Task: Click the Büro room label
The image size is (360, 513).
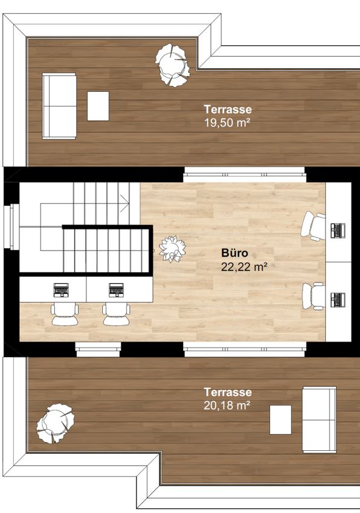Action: (234, 253)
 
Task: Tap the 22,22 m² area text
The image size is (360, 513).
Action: (244, 267)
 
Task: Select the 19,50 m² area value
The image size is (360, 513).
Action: (227, 123)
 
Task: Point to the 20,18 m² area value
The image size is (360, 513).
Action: (227, 406)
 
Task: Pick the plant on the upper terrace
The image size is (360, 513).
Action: (173, 65)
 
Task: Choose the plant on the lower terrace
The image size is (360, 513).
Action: (56, 423)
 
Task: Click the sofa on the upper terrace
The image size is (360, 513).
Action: (59, 106)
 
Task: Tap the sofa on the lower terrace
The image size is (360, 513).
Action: (320, 420)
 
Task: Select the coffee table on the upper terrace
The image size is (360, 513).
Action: (98, 106)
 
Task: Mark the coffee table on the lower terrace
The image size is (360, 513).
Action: (280, 420)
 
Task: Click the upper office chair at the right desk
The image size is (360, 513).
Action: (313, 226)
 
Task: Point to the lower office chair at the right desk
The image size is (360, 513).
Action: (313, 296)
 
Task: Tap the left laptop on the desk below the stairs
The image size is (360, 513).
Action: (61, 290)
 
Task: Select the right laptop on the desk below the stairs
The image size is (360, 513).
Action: (116, 290)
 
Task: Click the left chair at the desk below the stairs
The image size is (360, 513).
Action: (65, 314)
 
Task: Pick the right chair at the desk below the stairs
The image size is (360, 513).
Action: (117, 314)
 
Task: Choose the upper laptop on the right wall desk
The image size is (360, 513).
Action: (338, 231)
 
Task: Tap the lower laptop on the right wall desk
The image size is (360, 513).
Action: (338, 300)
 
